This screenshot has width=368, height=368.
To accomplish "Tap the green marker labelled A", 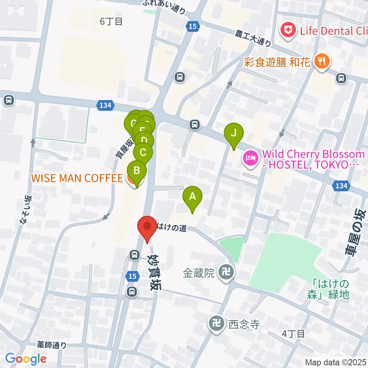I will [192, 197].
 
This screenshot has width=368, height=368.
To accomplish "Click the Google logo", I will [26, 359].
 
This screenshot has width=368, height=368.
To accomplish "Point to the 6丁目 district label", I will [111, 21].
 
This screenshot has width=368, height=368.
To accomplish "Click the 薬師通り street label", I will [53, 345].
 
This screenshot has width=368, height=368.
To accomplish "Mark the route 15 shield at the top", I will [192, 26].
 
